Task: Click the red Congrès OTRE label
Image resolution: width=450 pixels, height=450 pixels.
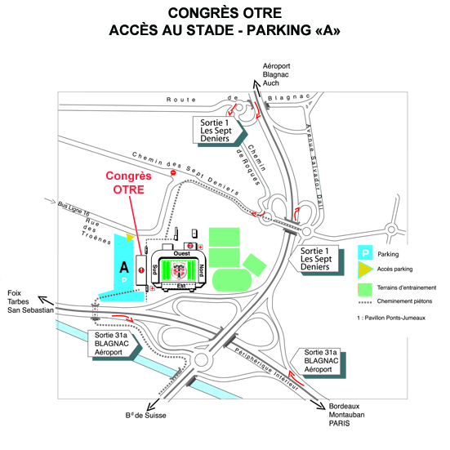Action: [x=128, y=183]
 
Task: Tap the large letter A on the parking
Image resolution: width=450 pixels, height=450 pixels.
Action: [x=124, y=268]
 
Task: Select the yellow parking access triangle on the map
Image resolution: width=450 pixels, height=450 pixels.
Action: [x=130, y=238]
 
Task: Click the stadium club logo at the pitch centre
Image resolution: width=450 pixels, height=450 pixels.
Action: [x=179, y=270]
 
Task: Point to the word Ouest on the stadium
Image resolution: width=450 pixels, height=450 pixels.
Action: [x=181, y=253]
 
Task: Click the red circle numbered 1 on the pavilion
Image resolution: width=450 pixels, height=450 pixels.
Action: [x=141, y=270]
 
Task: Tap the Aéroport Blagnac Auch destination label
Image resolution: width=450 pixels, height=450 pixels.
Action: [x=276, y=74]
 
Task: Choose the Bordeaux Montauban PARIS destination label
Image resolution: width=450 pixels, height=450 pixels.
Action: [x=346, y=415]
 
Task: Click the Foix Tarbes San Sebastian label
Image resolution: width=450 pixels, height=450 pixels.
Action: [x=30, y=301]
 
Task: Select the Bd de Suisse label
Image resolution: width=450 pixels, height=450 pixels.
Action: [x=146, y=415]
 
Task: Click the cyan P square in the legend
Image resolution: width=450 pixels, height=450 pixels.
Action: [x=365, y=253]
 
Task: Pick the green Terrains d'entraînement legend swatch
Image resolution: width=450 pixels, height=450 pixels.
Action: [x=365, y=290]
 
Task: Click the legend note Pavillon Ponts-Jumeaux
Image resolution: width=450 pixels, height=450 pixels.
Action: [x=391, y=318]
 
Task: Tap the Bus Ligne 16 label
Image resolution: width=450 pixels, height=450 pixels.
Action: [x=74, y=208]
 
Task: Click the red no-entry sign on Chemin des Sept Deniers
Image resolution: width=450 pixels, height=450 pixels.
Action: [x=173, y=173]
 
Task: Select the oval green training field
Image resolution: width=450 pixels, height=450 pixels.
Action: [x=232, y=280]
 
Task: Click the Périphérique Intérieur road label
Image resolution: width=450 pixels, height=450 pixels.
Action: [x=266, y=369]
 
